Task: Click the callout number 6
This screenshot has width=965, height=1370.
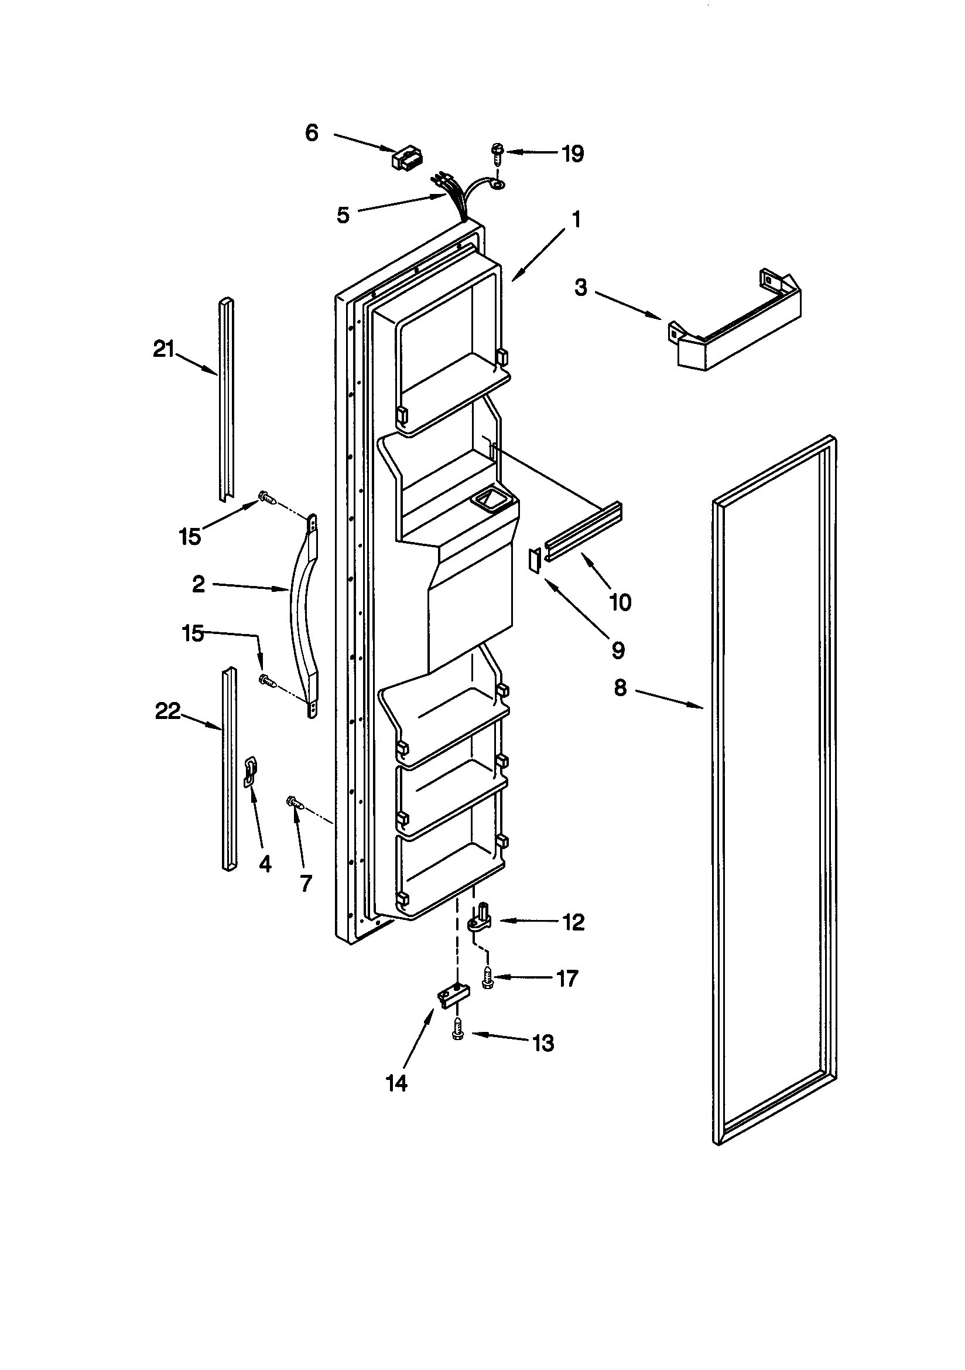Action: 312,132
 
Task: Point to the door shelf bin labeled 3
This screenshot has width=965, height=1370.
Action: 737,327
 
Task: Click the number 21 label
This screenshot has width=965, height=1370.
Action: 163,349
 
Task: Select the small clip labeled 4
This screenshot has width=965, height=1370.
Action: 251,773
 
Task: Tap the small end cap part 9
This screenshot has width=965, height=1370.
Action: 535,561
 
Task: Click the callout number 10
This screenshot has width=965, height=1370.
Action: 620,602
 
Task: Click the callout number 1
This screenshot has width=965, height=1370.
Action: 576,220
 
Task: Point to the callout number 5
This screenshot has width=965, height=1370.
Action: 343,216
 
